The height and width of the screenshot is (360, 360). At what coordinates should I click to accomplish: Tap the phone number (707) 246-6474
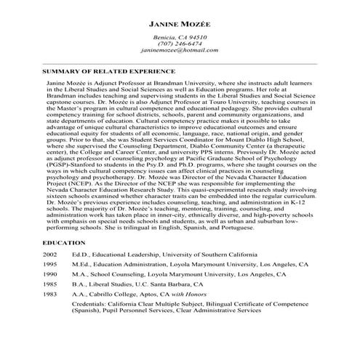pyautogui.click(x=180, y=43)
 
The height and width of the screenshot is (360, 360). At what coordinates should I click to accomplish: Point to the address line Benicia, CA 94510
pyautogui.click(x=180, y=35)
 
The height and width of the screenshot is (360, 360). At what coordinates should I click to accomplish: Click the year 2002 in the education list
pyautogui.click(x=49, y=256)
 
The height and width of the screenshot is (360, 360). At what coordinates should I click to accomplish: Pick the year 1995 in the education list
pyautogui.click(x=49, y=266)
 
